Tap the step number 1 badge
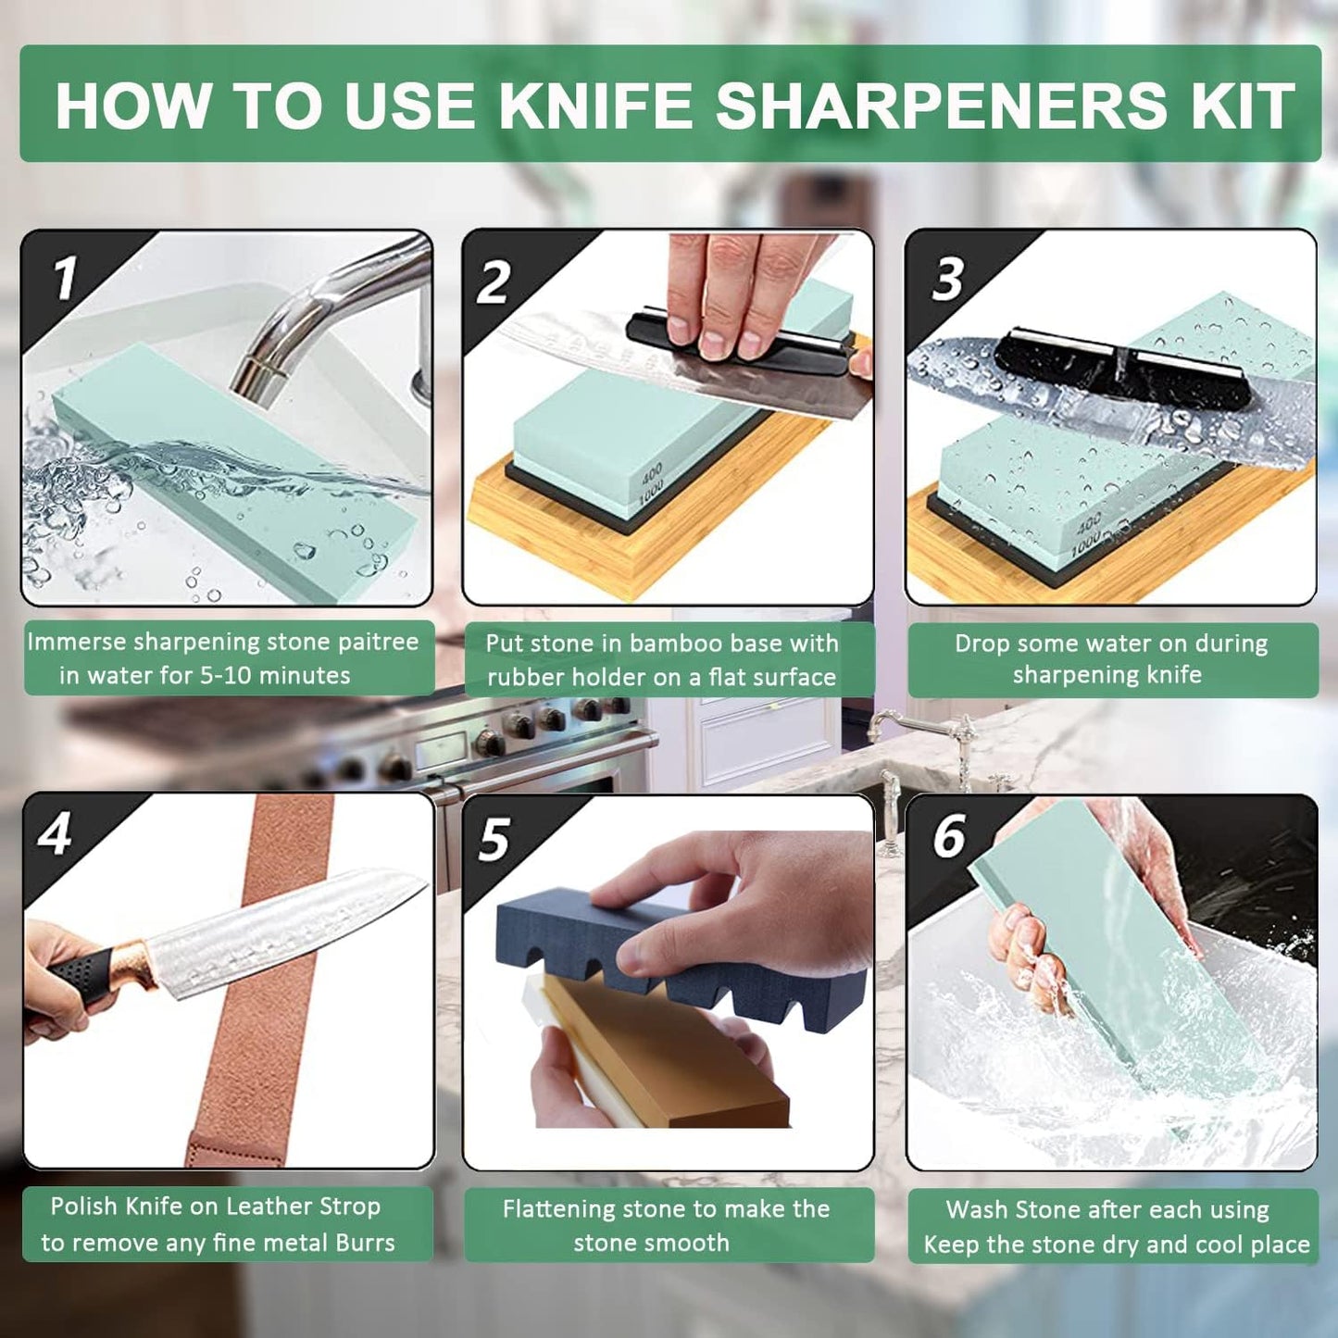point(65,278)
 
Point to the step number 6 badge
point(949,836)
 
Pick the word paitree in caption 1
point(377,642)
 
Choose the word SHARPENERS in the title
point(942,106)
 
